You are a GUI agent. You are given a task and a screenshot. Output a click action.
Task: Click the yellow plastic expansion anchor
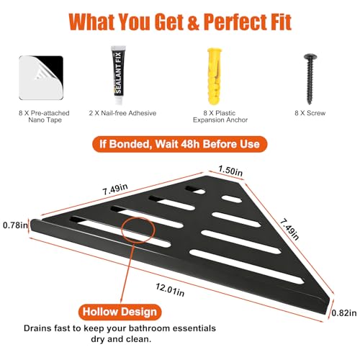click(x=215, y=76)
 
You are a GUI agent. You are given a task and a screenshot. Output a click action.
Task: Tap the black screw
click(x=310, y=79)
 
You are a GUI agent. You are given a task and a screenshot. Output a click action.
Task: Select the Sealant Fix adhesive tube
click(x=119, y=76)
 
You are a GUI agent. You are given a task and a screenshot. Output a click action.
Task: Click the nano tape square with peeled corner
click(x=41, y=78)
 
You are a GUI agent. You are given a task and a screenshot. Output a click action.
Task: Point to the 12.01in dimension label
click(x=170, y=289)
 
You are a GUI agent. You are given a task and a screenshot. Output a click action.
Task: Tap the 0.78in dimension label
click(x=15, y=225)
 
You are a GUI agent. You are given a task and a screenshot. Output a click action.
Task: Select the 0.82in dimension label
click(x=344, y=313)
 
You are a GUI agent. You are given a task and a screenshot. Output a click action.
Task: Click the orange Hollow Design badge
click(x=120, y=312)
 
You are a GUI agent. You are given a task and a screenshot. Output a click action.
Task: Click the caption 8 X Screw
click(x=310, y=113)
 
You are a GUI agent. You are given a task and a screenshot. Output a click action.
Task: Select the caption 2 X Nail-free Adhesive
click(x=122, y=113)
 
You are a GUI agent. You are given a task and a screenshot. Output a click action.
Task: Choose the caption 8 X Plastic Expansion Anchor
click(x=220, y=117)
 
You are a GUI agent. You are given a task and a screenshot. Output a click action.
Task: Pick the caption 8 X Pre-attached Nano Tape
click(x=44, y=117)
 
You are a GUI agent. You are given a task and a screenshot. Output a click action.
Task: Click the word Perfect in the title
click(x=235, y=22)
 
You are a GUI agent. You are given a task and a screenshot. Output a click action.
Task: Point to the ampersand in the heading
click(x=193, y=22)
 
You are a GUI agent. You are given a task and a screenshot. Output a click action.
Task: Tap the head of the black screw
click(x=310, y=57)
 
